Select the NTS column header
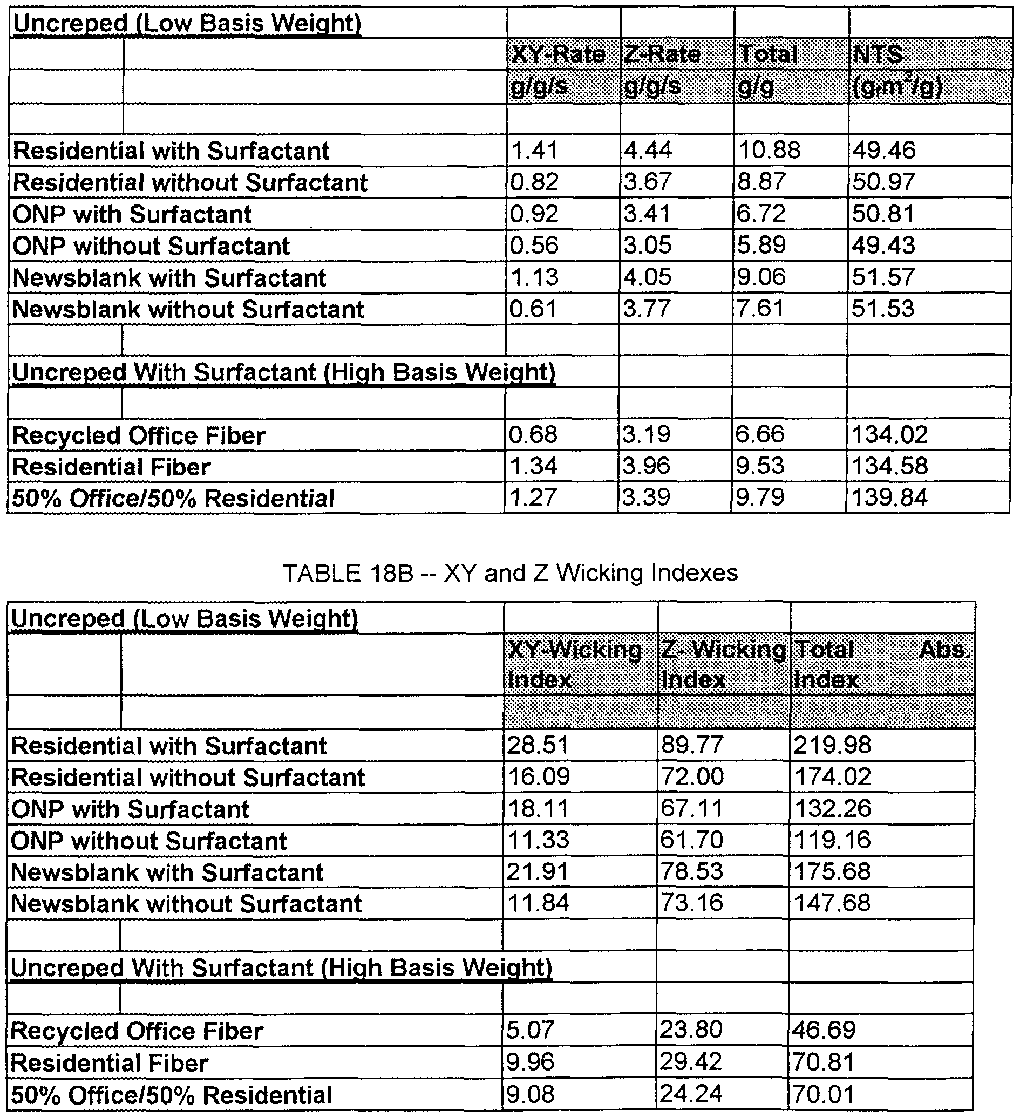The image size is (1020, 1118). pyautogui.click(x=878, y=54)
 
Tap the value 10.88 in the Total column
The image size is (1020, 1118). pyautogui.click(x=769, y=150)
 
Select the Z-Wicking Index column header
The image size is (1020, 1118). pyautogui.click(x=722, y=664)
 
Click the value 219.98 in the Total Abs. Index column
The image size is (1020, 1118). pyautogui.click(x=832, y=745)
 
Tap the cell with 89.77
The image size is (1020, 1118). pyautogui.click(x=692, y=745)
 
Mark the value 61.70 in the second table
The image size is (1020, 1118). pyautogui.click(x=692, y=840)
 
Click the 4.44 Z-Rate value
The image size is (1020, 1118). pyautogui.click(x=648, y=150)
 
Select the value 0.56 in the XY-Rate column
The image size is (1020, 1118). pyautogui.click(x=534, y=245)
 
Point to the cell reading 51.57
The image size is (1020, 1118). pyautogui.click(x=883, y=277)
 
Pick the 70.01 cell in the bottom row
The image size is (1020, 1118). pyautogui.click(x=823, y=1094)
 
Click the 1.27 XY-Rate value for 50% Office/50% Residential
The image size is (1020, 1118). pyautogui.click(x=533, y=497)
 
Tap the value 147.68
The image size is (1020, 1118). pyautogui.click(x=832, y=903)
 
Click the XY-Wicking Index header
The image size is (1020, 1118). pyautogui.click(x=574, y=664)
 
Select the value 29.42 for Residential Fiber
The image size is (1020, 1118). pyautogui.click(x=691, y=1062)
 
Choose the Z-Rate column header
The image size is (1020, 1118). pyautogui.click(x=662, y=54)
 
